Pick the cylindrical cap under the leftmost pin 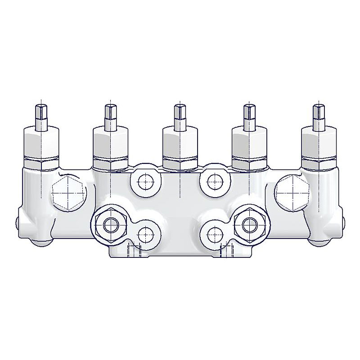pyautogui.click(x=40, y=140)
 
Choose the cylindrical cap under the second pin pyautogui.click(x=110, y=140)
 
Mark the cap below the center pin pyautogui.click(x=180, y=140)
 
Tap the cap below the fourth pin pyautogui.click(x=249, y=140)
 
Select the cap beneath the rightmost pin pyautogui.click(x=318, y=140)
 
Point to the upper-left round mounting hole pyautogui.click(x=145, y=182)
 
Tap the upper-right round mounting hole pyautogui.click(x=215, y=182)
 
